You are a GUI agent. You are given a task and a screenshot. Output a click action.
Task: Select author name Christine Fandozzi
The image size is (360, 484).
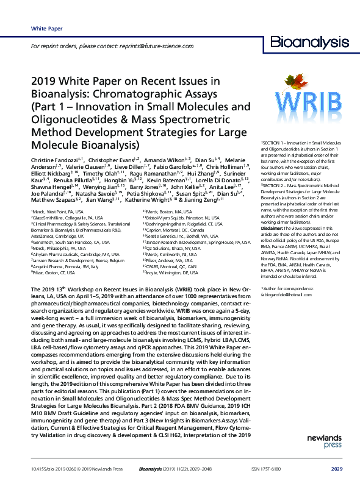pos(54,159)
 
